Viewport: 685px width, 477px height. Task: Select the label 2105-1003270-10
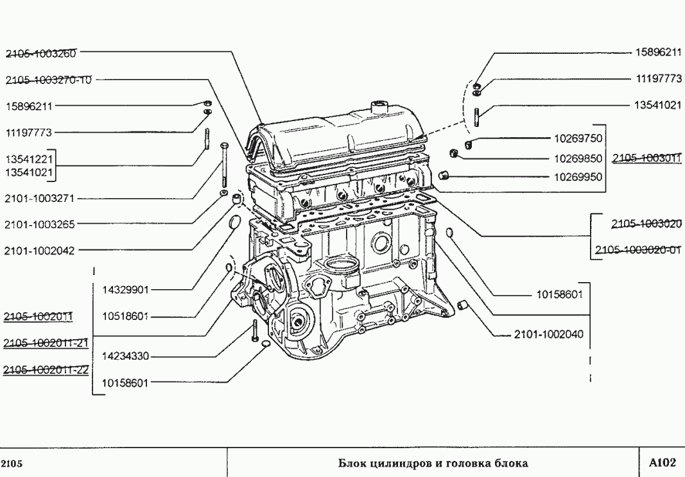pyautogui.click(x=48, y=80)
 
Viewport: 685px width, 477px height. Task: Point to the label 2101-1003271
pyautogui.click(x=39, y=199)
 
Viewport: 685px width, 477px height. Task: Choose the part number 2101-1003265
pyautogui.click(x=39, y=224)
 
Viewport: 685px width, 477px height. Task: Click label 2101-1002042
pyautogui.click(x=39, y=251)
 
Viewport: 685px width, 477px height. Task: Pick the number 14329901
pyautogui.click(x=125, y=290)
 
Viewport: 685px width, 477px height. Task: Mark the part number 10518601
pyautogui.click(x=125, y=316)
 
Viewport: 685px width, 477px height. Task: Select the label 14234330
pyautogui.click(x=125, y=356)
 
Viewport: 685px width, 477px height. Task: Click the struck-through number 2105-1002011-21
pyautogui.click(x=46, y=344)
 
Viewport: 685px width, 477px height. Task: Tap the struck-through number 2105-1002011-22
pyautogui.click(x=46, y=371)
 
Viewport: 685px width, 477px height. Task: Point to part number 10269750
pyautogui.click(x=578, y=138)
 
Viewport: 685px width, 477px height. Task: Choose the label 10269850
pyautogui.click(x=578, y=158)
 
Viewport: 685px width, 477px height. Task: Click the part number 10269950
pyautogui.click(x=578, y=178)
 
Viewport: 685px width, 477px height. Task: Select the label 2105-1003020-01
pyautogui.click(x=638, y=250)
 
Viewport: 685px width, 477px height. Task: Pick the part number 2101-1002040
pyautogui.click(x=549, y=334)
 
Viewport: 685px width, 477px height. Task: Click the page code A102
pyautogui.click(x=663, y=463)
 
